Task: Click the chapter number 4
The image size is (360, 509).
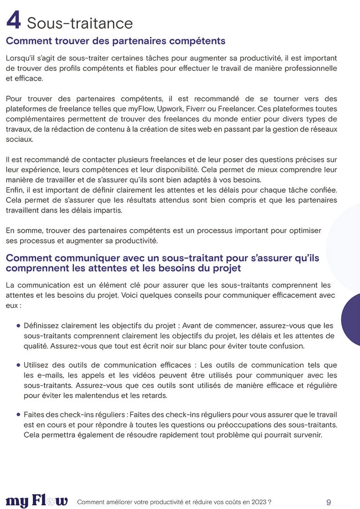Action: tap(14, 21)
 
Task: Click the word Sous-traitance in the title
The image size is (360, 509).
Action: tap(80, 23)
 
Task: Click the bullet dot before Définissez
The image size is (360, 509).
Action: tap(18, 325)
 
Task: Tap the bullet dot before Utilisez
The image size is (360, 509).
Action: tap(18, 365)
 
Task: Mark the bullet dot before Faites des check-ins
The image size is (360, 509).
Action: tap(18, 414)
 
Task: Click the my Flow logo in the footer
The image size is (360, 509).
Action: tap(37, 501)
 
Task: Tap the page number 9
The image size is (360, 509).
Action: tap(329, 502)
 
